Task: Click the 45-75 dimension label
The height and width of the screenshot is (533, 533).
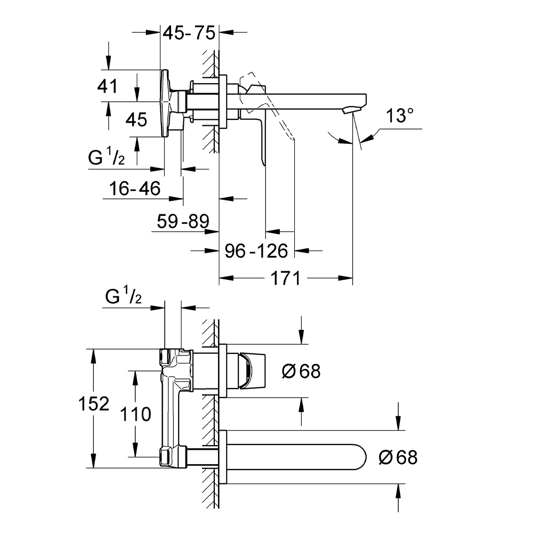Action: pos(189,33)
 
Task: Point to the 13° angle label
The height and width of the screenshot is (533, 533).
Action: pos(400,117)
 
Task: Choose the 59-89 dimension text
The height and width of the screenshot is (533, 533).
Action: pos(183,221)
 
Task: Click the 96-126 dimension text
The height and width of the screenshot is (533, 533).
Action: pos(256,251)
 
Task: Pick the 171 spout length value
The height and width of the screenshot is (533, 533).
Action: pos(286,278)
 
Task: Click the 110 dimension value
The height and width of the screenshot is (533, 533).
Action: pos(136,414)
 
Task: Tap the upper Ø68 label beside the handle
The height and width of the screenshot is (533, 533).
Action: pos(301,372)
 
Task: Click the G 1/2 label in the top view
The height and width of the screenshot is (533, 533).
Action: pos(107,158)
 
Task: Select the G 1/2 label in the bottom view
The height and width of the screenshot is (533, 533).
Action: pos(123,297)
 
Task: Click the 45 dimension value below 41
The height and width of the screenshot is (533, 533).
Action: pos(136,120)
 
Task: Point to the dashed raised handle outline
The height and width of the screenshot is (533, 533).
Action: pos(277,115)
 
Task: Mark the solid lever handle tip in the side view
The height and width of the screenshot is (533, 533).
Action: pos(263,160)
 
